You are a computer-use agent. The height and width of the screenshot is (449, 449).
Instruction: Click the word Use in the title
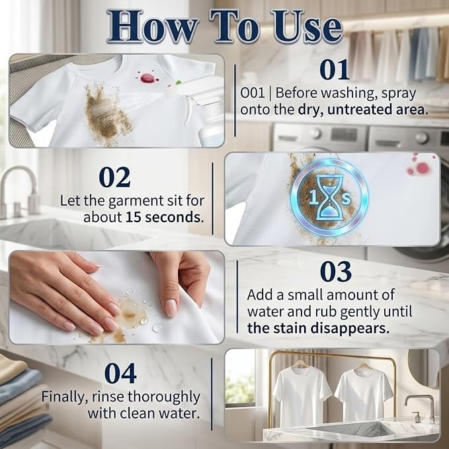coord(307,26)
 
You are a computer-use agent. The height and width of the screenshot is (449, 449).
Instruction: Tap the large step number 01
coord(335,69)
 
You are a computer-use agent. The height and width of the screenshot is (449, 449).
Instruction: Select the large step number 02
coord(114,177)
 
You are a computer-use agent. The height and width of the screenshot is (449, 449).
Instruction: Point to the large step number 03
coord(336,272)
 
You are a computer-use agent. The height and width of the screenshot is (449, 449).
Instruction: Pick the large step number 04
coord(120,373)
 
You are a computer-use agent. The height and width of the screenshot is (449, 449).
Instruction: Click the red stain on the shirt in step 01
coord(147,77)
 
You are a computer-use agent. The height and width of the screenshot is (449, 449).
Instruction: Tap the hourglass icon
coord(329,198)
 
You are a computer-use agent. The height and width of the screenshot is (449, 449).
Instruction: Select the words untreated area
coord(378,110)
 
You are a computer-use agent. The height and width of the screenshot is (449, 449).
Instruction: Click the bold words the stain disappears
coord(318,328)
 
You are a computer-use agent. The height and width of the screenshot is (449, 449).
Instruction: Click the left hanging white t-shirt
coord(302,395)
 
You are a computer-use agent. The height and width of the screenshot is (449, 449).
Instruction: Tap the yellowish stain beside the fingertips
coord(132,313)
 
